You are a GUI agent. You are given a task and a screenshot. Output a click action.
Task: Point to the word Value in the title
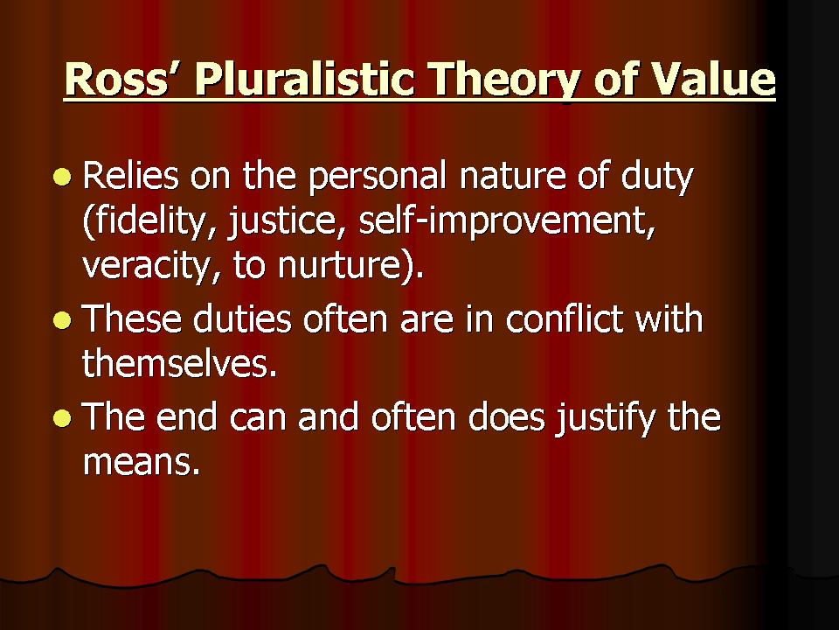point(716,80)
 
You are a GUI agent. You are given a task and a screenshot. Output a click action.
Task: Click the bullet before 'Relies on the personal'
point(60,178)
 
